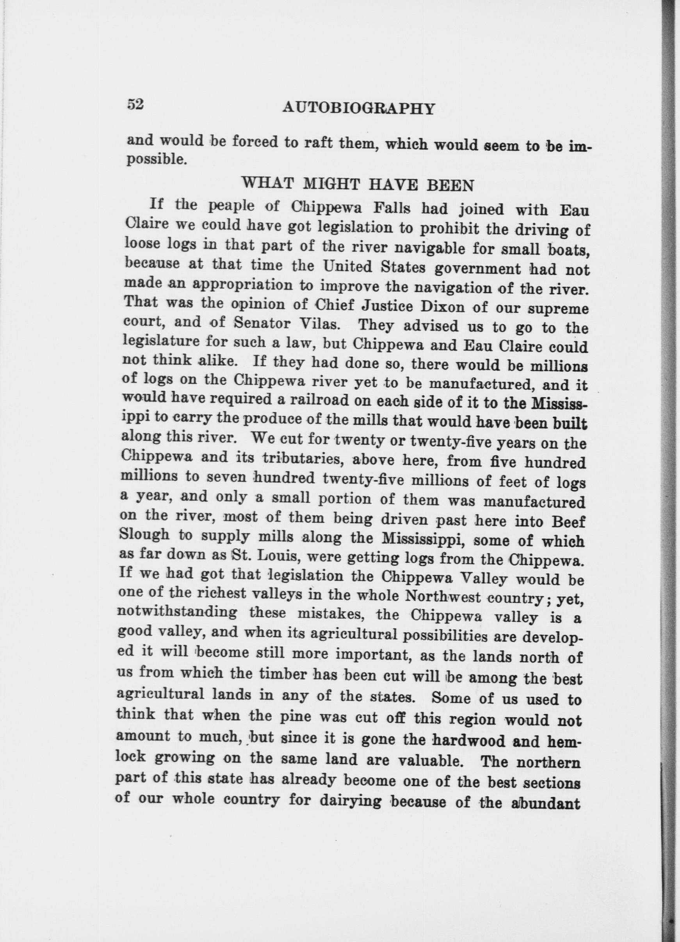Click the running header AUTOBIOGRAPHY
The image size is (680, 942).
click(x=358, y=109)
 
